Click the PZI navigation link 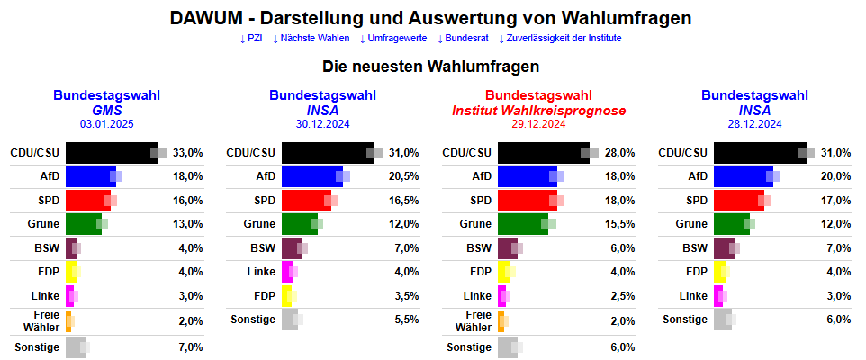pos(252,39)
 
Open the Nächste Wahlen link pos(311,39)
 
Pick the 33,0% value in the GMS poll pos(187,153)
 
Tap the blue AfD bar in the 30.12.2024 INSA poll pos(311,176)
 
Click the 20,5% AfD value pos(403,176)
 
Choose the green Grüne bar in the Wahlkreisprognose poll pos(522,223)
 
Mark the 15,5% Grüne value pos(619,223)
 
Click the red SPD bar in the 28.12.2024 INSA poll pos(738,200)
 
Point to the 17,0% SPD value pos(835,200)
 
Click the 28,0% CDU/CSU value pos(619,153)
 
